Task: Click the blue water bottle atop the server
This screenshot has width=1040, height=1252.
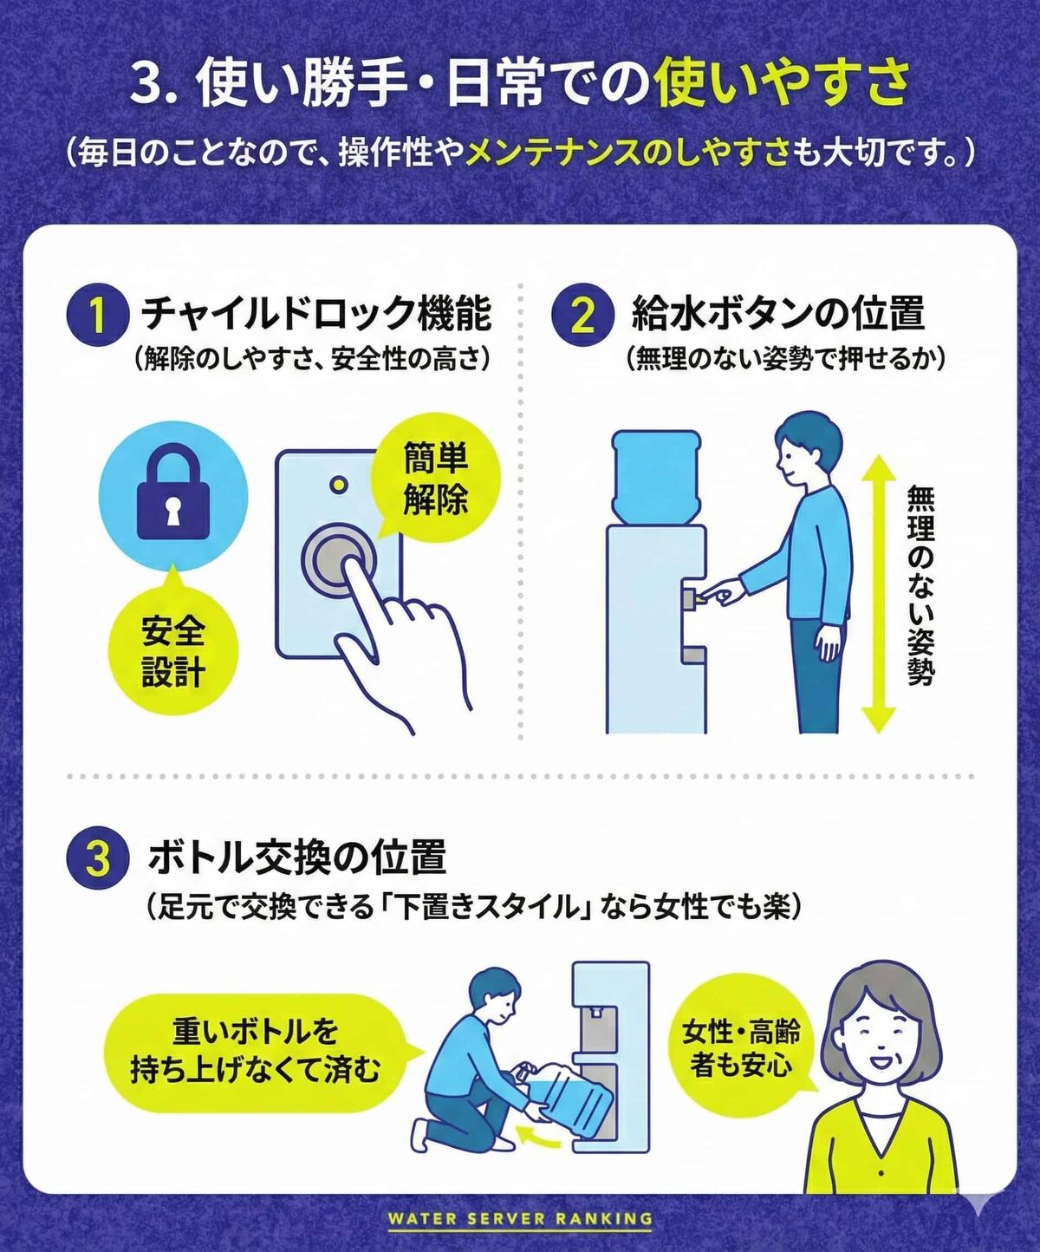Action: click(656, 473)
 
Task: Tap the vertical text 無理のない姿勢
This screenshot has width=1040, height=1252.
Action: click(920, 586)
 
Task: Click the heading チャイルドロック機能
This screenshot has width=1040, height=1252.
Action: click(316, 314)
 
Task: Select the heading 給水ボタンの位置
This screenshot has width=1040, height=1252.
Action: click(777, 314)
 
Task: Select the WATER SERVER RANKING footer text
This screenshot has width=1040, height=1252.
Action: click(520, 1218)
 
